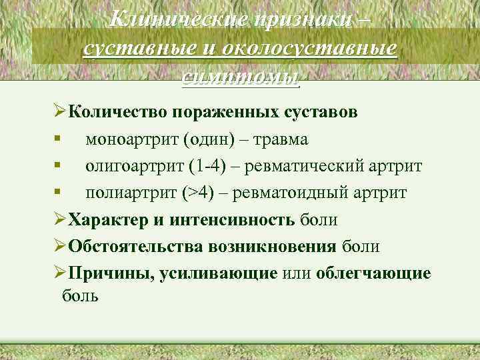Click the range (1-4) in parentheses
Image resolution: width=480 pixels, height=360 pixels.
click(x=211, y=166)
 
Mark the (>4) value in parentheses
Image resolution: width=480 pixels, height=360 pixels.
click(x=197, y=193)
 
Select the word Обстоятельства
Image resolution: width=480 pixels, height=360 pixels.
click(x=137, y=247)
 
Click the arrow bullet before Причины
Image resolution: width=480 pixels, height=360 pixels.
click(x=58, y=273)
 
